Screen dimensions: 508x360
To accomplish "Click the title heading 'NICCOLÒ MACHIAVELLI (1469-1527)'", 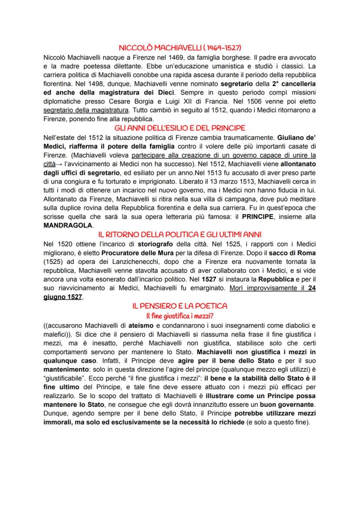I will (x=180, y=48).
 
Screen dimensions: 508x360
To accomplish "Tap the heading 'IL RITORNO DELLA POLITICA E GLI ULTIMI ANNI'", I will (x=180, y=234).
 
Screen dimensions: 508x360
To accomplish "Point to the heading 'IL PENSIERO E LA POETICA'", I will (x=180, y=306).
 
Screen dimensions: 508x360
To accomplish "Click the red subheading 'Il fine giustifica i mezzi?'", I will (x=180, y=315).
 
